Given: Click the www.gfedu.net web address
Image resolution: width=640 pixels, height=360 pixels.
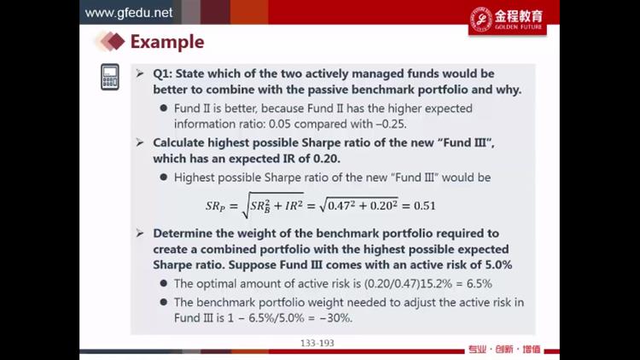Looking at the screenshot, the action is pos(129,13).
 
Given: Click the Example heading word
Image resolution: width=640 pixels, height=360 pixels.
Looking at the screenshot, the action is pos(167,42).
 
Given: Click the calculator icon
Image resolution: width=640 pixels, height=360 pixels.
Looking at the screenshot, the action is pos(110,77).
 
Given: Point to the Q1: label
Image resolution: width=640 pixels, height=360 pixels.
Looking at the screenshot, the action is pos(163,73).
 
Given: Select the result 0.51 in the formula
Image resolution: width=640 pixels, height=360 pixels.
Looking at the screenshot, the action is pos(424,206).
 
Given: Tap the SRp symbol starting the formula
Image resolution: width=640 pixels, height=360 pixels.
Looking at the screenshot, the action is pos(215,206).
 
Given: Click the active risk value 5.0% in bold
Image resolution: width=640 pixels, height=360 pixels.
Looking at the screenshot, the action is pos(498,264).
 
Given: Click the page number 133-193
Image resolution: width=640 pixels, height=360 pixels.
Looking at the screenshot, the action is pos(317,343).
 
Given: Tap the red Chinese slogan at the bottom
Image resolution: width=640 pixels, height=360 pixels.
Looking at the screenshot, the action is pos(504,350).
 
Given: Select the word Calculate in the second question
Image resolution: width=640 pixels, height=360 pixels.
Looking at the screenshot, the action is pos(178,142).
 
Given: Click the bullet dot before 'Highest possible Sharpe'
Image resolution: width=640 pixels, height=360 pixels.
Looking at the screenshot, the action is pos(164,177).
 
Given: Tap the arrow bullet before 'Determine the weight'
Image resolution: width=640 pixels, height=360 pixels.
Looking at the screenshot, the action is pos(140,233).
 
